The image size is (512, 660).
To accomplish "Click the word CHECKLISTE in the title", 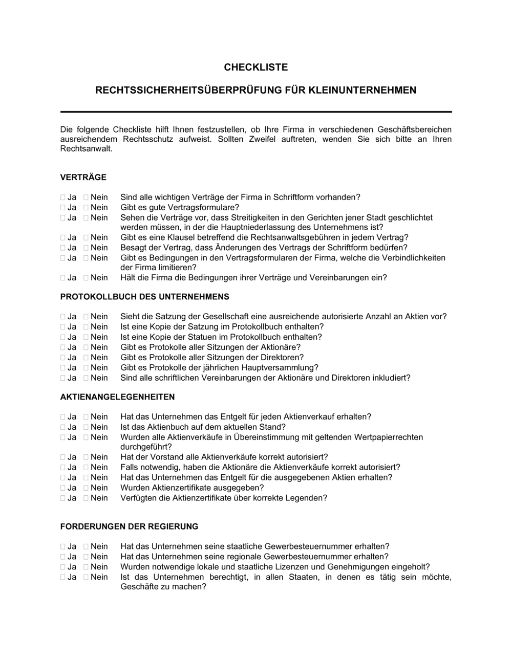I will (x=256, y=67).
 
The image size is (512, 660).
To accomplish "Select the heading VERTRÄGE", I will (x=83, y=178).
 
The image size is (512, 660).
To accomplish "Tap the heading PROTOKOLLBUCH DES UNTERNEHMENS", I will (x=145, y=297).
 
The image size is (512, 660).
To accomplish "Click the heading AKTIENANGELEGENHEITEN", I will (x=117, y=397).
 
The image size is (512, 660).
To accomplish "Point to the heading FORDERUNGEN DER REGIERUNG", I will (x=129, y=526).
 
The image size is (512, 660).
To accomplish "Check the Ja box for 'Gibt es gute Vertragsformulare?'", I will (x=63, y=208).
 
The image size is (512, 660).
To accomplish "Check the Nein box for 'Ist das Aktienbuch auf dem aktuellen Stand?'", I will (x=86, y=427).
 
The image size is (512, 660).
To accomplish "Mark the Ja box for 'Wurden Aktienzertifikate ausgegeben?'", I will (x=63, y=488).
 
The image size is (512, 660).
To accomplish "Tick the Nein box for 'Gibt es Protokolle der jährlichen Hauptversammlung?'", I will (x=86, y=368).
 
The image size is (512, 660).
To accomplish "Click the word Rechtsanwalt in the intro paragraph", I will (x=85, y=149).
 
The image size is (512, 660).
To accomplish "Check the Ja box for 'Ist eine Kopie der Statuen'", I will (x=63, y=337).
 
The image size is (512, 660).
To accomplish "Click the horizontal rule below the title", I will (x=256, y=112).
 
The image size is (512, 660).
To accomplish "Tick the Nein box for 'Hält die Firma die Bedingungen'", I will (x=86, y=278).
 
